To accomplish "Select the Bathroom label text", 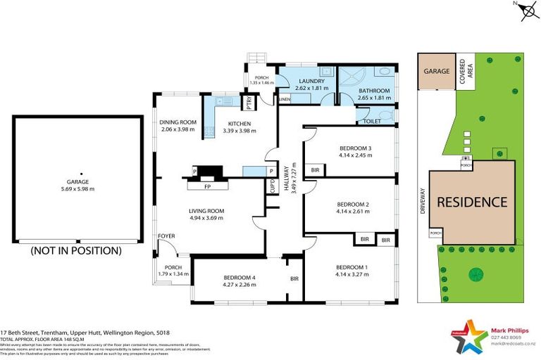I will [373, 91].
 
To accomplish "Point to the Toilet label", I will [372, 122].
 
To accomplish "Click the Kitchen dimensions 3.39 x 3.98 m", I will [237, 130].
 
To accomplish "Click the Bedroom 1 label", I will [352, 267].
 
